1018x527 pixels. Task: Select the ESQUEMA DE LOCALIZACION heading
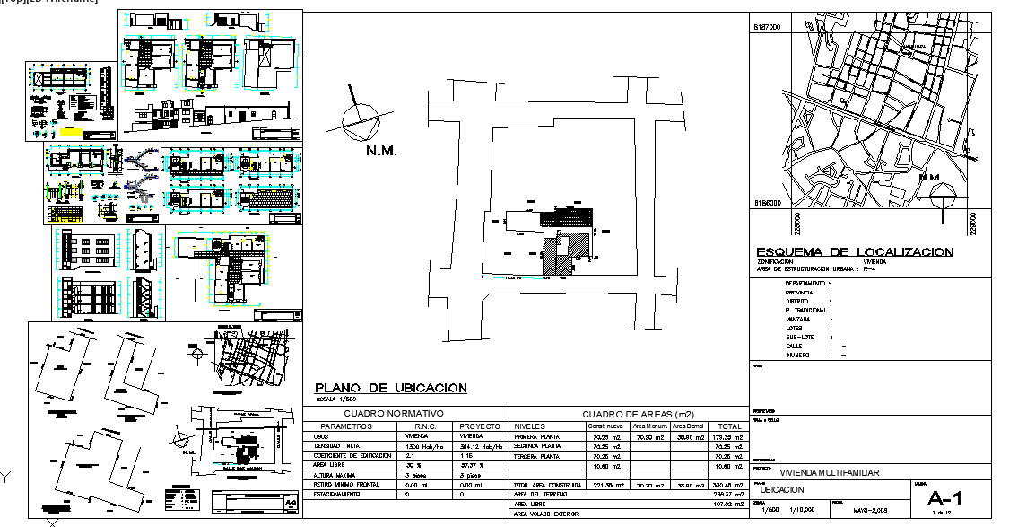tap(855, 252)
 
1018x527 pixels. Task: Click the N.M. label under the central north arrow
tap(381, 151)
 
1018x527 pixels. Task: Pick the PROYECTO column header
tap(479, 426)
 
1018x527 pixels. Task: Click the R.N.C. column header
tap(424, 426)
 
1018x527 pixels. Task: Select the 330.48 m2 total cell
tap(728, 485)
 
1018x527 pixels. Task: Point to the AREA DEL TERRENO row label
tap(538, 495)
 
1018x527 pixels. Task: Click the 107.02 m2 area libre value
tap(728, 505)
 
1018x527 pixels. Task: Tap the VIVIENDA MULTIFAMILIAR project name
tap(829, 472)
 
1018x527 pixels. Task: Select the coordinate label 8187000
tap(768, 28)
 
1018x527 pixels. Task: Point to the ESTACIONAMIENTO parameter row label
tap(338, 495)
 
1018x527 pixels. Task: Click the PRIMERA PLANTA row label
tap(538, 436)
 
